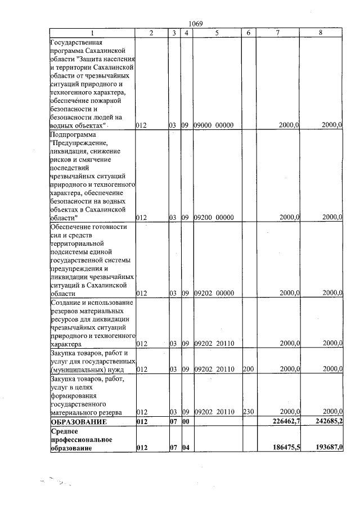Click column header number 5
coord(217,33)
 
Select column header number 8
coord(321,33)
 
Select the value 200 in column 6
coord(248,370)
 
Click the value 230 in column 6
coord(248,412)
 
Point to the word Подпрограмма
coord(73,135)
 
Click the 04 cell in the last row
coord(186,448)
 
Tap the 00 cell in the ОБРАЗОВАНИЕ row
coord(186,421)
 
